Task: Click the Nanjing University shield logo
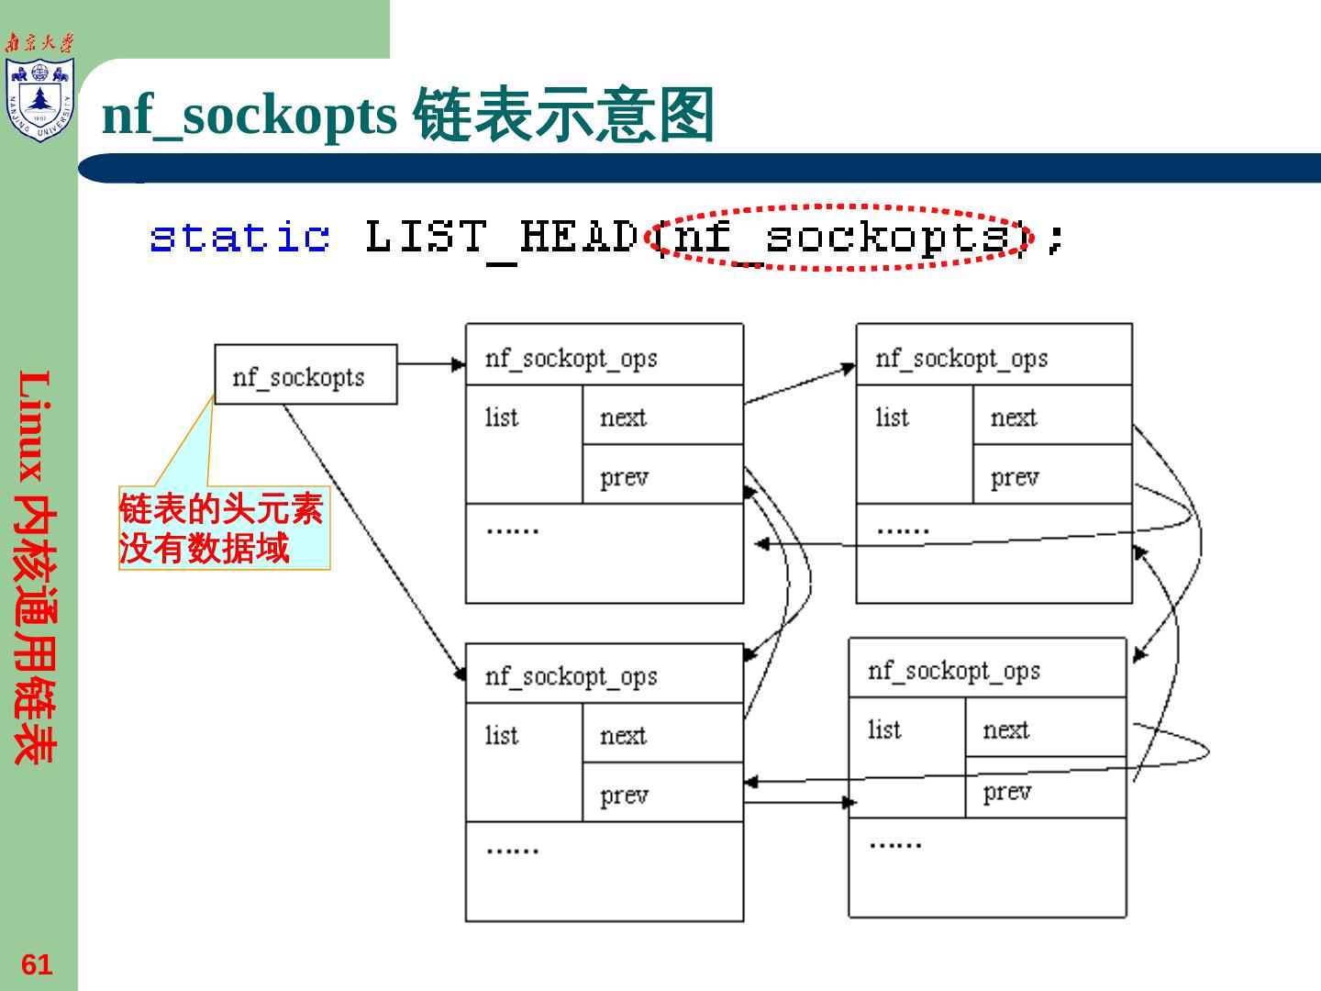pyautogui.click(x=39, y=99)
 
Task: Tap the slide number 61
pyautogui.click(x=37, y=964)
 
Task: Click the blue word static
pyautogui.click(x=239, y=237)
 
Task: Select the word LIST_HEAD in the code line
pyautogui.click(x=501, y=237)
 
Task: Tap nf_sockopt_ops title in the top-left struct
pyautogui.click(x=571, y=358)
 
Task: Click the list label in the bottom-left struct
pyautogui.click(x=502, y=735)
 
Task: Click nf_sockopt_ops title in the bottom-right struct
pyautogui.click(x=954, y=671)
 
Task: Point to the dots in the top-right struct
pyautogui.click(x=903, y=529)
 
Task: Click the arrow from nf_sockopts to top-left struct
pyautogui.click(x=431, y=364)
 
